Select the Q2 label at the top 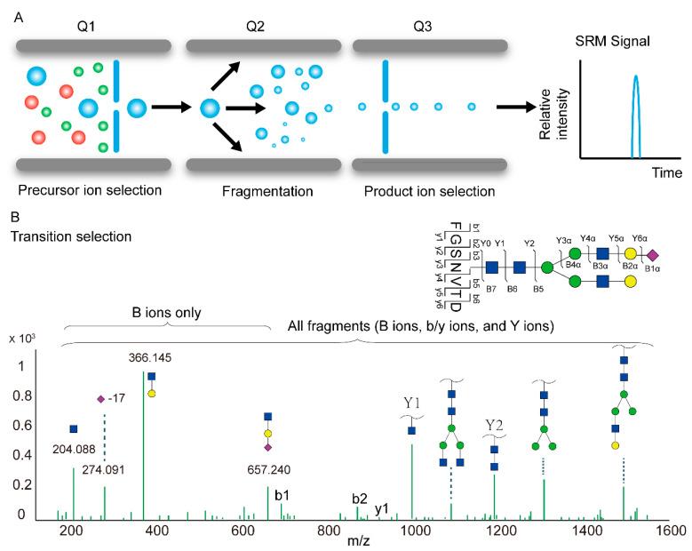(x=255, y=26)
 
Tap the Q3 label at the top (x=421, y=26)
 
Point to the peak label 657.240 (x=267, y=468)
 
